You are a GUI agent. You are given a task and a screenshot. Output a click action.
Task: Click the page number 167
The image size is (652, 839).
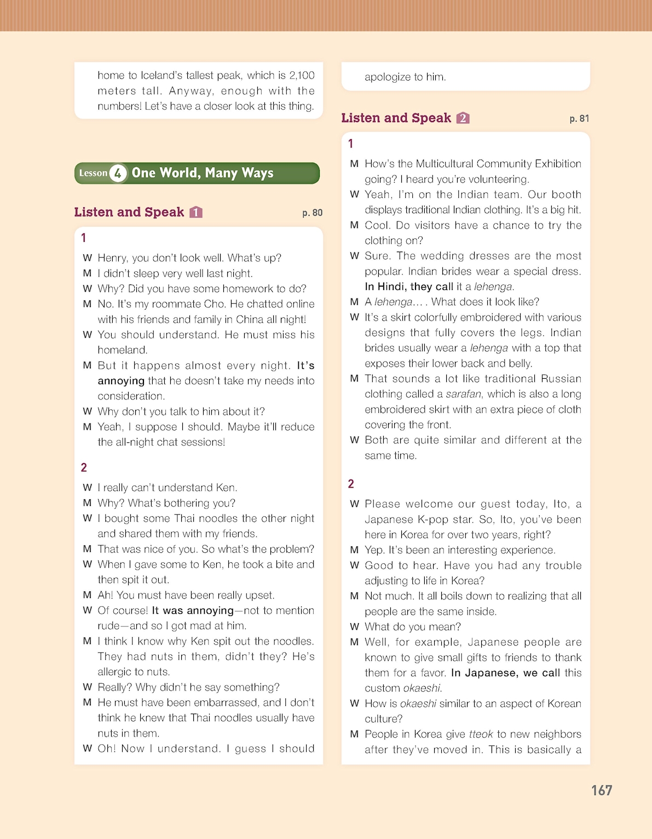coord(601,790)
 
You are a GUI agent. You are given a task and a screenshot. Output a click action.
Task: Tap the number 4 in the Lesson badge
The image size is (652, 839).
coord(118,173)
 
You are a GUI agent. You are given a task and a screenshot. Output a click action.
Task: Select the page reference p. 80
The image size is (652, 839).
coord(312,213)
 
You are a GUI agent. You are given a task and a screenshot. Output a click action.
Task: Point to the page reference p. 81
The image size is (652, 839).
coord(579,118)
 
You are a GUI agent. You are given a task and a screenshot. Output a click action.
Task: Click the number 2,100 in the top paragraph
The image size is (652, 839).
coord(302,76)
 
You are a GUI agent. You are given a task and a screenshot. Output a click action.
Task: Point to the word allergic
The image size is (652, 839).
coord(118,672)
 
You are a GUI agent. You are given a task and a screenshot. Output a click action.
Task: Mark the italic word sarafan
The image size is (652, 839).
coord(464,394)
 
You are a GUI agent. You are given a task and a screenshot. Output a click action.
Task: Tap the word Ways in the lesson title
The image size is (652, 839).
coord(257,173)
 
